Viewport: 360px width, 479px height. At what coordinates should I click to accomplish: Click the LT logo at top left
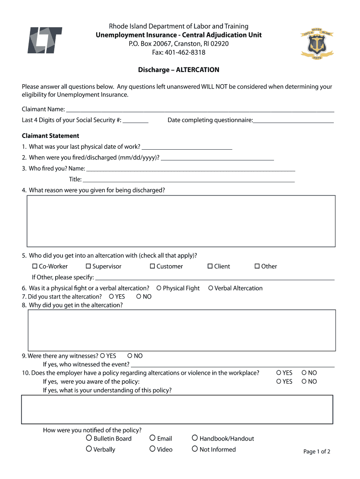pyautogui.click(x=44, y=40)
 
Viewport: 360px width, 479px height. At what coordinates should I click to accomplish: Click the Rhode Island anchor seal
pyautogui.click(x=316, y=43)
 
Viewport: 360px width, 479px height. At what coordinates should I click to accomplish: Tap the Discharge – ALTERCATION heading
pyautogui.click(x=179, y=70)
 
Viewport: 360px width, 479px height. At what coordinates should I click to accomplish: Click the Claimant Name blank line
pyautogui.click(x=200, y=109)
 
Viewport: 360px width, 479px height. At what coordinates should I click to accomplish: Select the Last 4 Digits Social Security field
pyautogui.click(x=136, y=120)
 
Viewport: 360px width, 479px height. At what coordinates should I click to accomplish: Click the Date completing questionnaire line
pyautogui.click(x=294, y=120)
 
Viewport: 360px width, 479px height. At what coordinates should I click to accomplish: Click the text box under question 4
pyautogui.click(x=181, y=221)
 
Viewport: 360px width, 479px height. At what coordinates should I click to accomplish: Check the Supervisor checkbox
pyautogui.click(x=88, y=266)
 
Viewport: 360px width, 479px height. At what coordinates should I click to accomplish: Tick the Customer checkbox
pyautogui.click(x=152, y=266)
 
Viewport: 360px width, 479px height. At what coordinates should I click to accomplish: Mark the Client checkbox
pyautogui.click(x=210, y=266)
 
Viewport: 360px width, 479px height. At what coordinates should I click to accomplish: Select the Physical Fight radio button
pyautogui.click(x=159, y=288)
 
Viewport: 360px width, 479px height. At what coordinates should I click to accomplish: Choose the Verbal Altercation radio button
pyautogui.click(x=210, y=288)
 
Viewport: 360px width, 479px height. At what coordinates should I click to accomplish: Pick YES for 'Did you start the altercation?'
pyautogui.click(x=111, y=297)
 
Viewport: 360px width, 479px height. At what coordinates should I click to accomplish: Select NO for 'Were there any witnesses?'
pyautogui.click(x=130, y=356)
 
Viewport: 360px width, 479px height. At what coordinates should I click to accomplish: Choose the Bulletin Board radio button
pyautogui.click(x=89, y=438)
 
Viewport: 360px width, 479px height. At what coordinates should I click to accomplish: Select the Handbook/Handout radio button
pyautogui.click(x=194, y=438)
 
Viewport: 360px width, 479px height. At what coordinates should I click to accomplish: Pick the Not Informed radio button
pyautogui.click(x=194, y=449)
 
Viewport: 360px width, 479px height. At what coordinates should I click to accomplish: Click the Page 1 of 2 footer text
pyautogui.click(x=317, y=451)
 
